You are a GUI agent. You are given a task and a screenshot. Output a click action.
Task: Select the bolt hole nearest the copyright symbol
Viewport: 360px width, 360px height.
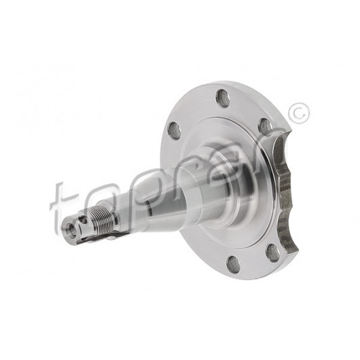(x=266, y=126)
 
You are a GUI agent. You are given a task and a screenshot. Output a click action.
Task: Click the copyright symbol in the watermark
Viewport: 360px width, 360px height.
(x=299, y=114)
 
